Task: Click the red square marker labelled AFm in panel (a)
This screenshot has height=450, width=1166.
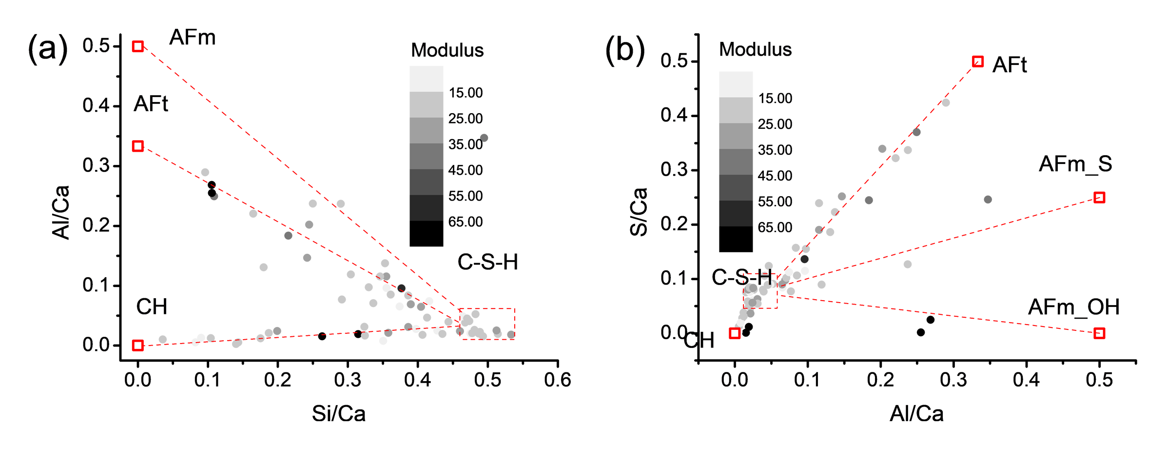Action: pos(138,46)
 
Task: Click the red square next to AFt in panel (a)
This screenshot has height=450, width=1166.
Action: pos(138,146)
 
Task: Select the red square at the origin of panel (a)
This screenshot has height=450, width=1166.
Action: pos(138,346)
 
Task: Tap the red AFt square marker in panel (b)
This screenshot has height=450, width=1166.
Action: pos(977,61)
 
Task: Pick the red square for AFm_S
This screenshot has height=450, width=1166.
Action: pos(1099,197)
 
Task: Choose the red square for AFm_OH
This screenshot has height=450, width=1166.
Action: pos(1099,333)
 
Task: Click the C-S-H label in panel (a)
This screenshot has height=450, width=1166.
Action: pos(487,263)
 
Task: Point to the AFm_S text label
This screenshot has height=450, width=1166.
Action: pos(1075,164)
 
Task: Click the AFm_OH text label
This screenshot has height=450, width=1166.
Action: pos(1074,307)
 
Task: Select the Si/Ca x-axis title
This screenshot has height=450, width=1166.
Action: pos(339,414)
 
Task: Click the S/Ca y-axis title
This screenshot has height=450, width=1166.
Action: pos(639,212)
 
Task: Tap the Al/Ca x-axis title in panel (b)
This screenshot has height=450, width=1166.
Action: pos(916,414)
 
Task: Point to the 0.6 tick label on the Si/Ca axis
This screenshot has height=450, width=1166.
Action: pos(558,380)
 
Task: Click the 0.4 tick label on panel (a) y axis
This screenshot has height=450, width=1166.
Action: pos(96,105)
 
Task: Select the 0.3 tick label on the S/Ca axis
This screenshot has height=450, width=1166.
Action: pos(674,170)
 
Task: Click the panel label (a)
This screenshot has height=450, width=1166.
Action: pos(47,49)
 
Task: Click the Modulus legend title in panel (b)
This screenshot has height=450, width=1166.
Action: pos(755,49)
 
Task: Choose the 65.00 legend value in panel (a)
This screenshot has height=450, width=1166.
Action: pos(466,222)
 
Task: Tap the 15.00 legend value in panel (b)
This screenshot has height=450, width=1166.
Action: pos(775,98)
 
